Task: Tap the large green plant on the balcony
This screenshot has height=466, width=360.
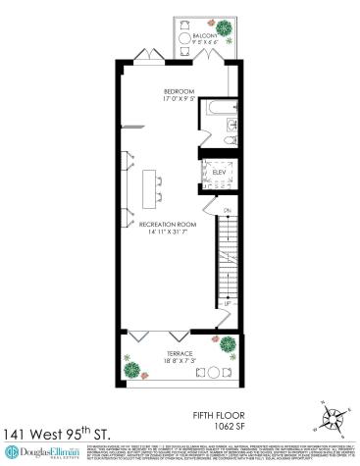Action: pos(224,26)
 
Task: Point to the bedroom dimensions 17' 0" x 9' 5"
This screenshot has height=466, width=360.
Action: pos(180,98)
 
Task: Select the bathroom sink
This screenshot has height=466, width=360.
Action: pos(231,125)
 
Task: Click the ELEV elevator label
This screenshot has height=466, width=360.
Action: pos(220,174)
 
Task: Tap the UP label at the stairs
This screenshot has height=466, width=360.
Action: pos(227,304)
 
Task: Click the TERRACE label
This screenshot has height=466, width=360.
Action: pos(179,353)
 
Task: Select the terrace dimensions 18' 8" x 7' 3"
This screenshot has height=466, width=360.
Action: pos(179,361)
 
